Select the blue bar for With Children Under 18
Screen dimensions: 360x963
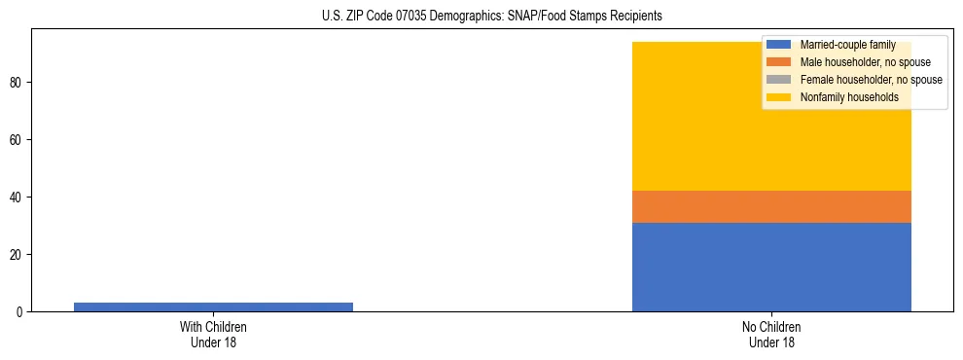(x=213, y=306)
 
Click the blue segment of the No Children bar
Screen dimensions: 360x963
(x=771, y=267)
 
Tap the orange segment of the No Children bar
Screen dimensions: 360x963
(x=771, y=206)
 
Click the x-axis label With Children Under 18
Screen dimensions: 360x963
(x=213, y=334)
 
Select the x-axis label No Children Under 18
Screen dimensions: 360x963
(x=771, y=334)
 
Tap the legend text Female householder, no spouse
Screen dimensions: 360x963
(x=871, y=80)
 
